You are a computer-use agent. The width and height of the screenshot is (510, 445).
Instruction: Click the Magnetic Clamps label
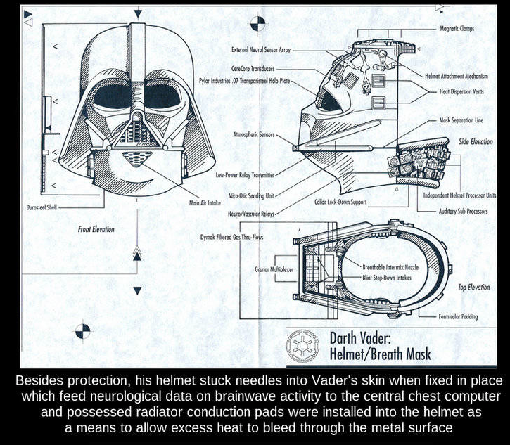[457, 29]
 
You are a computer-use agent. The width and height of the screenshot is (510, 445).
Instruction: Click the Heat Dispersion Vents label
[462, 91]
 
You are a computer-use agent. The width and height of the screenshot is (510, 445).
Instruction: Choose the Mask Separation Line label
[461, 120]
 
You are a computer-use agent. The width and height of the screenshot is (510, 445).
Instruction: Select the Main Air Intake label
[205, 202]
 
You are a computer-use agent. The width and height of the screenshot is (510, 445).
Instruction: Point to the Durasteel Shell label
[42, 209]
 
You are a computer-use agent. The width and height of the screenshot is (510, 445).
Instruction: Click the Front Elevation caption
[96, 229]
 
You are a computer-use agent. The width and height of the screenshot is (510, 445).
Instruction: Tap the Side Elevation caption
[476, 142]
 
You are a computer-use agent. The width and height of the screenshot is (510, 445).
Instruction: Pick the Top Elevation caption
[473, 287]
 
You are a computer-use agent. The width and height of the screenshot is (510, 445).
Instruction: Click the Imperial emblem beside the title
[302, 344]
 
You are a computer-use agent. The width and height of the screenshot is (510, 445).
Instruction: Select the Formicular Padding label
[458, 317]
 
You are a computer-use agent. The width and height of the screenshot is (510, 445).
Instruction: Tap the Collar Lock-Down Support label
[341, 202]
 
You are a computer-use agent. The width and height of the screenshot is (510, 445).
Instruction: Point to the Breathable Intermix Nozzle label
[390, 268]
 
